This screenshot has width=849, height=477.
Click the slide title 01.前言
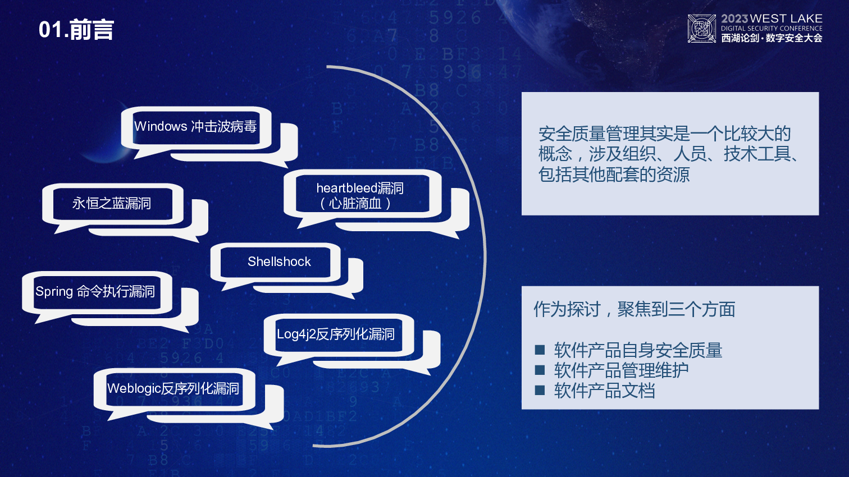click(x=76, y=30)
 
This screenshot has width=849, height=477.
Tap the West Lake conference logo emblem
click(x=701, y=29)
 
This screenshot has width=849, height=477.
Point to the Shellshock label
click(x=279, y=262)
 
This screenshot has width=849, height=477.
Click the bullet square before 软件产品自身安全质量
click(x=540, y=350)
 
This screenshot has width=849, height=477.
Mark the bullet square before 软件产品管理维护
click(x=540, y=370)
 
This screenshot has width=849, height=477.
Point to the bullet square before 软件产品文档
click(x=540, y=390)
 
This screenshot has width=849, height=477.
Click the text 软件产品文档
click(x=605, y=390)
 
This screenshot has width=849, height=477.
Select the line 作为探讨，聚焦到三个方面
click(x=635, y=309)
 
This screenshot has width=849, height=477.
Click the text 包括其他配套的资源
click(x=614, y=175)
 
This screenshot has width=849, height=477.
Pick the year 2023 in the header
click(x=734, y=19)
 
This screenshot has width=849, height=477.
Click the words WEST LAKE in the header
click(x=786, y=19)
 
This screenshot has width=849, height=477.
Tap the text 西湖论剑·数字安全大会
click(x=772, y=38)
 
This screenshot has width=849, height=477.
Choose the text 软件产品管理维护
click(x=621, y=370)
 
